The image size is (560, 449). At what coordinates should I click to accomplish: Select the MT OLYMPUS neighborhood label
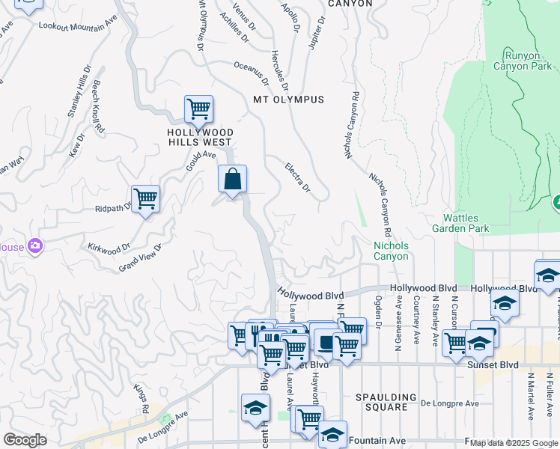pyautogui.click(x=288, y=100)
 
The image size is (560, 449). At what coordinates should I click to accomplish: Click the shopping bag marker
pyautogui.click(x=232, y=180)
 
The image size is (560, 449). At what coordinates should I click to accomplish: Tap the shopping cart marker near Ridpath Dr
pyautogui.click(x=145, y=199)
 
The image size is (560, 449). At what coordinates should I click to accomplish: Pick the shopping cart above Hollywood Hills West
pyautogui.click(x=198, y=109)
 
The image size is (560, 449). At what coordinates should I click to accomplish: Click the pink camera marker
pyautogui.click(x=34, y=245)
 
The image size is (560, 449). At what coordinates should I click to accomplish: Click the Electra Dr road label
pyautogui.click(x=297, y=177)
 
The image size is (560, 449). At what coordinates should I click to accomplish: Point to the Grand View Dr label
pyautogui.click(x=140, y=257)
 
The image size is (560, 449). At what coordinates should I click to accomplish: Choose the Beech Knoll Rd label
pyautogui.click(x=98, y=108)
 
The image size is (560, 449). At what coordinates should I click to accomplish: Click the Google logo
pyautogui.click(x=25, y=440)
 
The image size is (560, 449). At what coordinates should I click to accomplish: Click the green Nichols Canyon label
pyautogui.click(x=392, y=251)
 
